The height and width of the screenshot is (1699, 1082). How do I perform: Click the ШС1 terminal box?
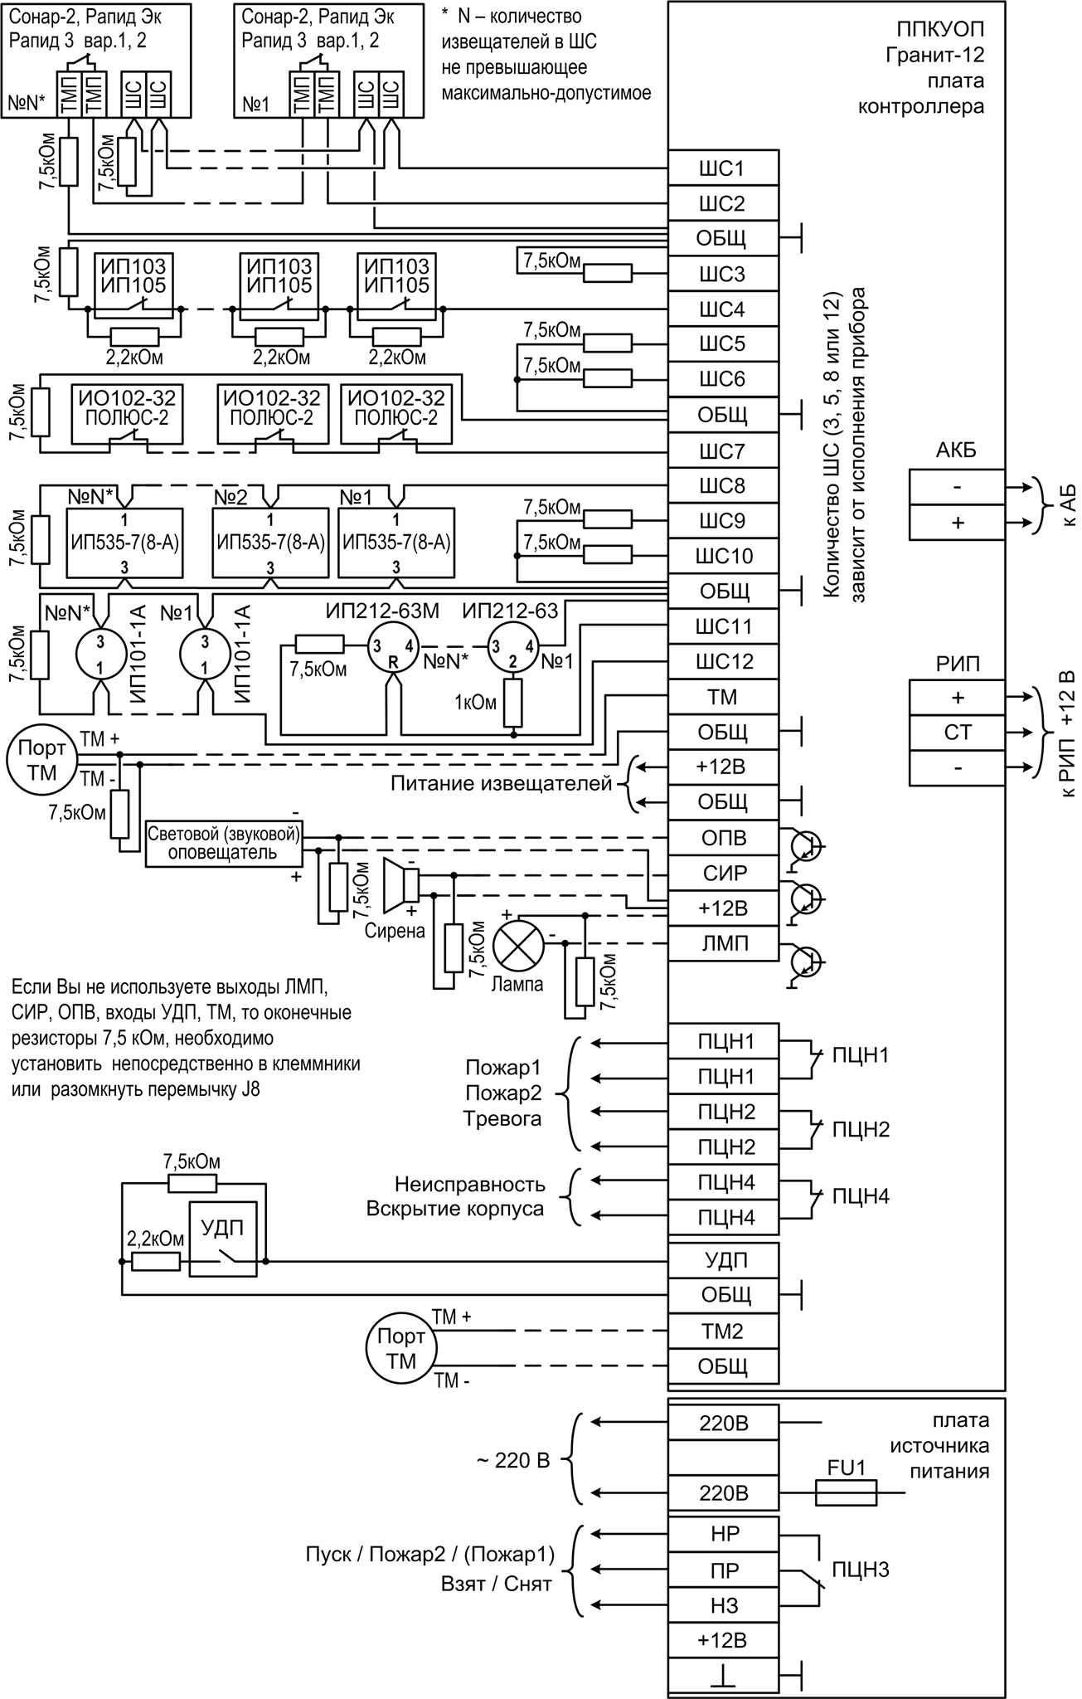(723, 168)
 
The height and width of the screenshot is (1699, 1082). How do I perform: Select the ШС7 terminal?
(723, 451)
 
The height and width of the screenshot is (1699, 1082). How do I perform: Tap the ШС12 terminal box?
(723, 661)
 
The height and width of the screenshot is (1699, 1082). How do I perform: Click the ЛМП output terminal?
(723, 943)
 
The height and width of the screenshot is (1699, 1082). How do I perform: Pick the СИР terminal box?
(723, 873)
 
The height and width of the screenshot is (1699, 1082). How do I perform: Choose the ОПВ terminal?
(723, 838)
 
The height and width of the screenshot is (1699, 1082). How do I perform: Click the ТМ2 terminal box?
(723, 1331)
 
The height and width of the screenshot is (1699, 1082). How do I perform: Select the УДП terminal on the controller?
(723, 1260)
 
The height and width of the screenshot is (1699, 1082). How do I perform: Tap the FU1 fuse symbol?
(846, 1494)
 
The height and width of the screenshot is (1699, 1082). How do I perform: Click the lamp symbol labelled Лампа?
(517, 945)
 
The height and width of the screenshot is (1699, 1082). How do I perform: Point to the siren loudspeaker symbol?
(402, 884)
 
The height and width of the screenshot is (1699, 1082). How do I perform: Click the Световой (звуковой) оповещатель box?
(223, 844)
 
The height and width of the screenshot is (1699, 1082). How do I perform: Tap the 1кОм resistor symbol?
(514, 703)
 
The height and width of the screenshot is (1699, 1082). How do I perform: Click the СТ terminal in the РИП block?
(957, 733)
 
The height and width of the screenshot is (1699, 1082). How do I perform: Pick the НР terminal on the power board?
(723, 1534)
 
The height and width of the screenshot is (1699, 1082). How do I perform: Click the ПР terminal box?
(723, 1570)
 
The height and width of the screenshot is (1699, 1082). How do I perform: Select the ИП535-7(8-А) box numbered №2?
(269, 543)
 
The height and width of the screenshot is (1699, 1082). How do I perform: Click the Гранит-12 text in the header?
(934, 57)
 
